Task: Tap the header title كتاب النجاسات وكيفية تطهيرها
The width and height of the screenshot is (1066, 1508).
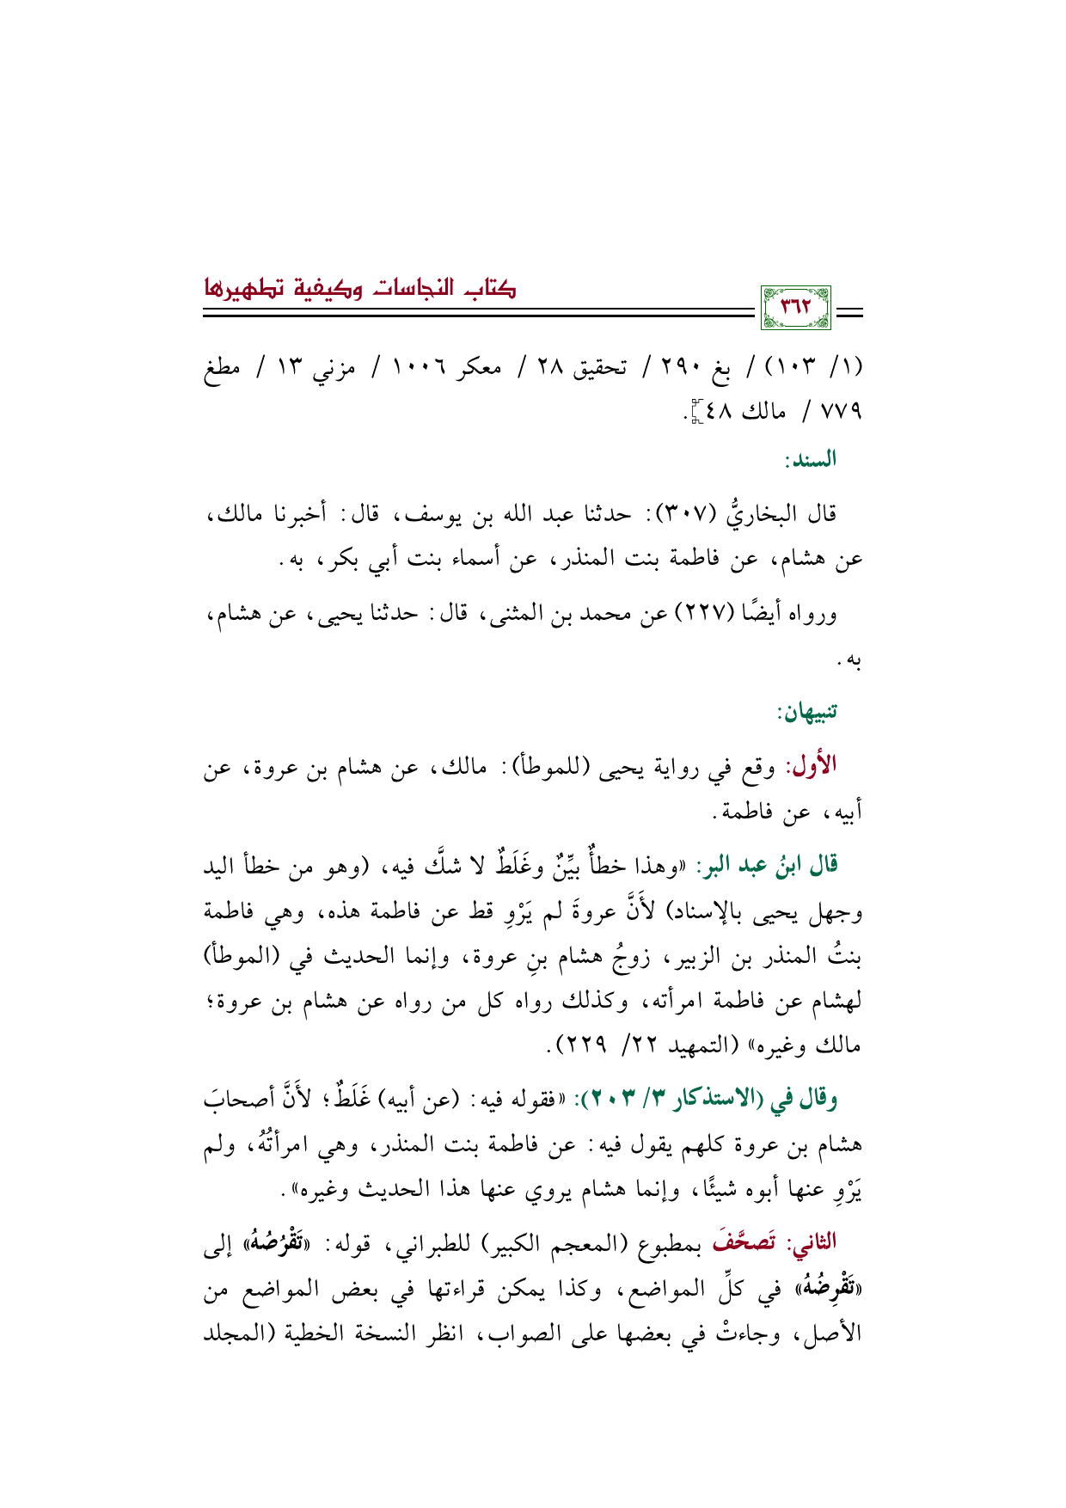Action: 360,286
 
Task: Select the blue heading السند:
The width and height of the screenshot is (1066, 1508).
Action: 810,461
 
